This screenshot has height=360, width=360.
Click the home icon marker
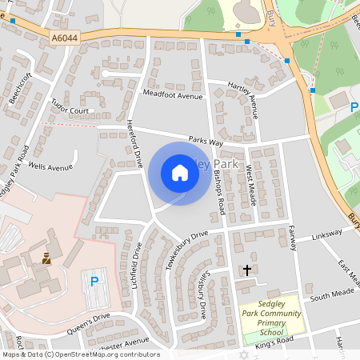tap(180, 173)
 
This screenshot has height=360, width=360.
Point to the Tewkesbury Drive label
tap(186, 249)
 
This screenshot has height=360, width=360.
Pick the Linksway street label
tap(327, 234)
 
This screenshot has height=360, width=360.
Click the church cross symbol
tap(247, 270)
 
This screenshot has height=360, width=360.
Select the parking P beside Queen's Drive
tap(94, 281)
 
